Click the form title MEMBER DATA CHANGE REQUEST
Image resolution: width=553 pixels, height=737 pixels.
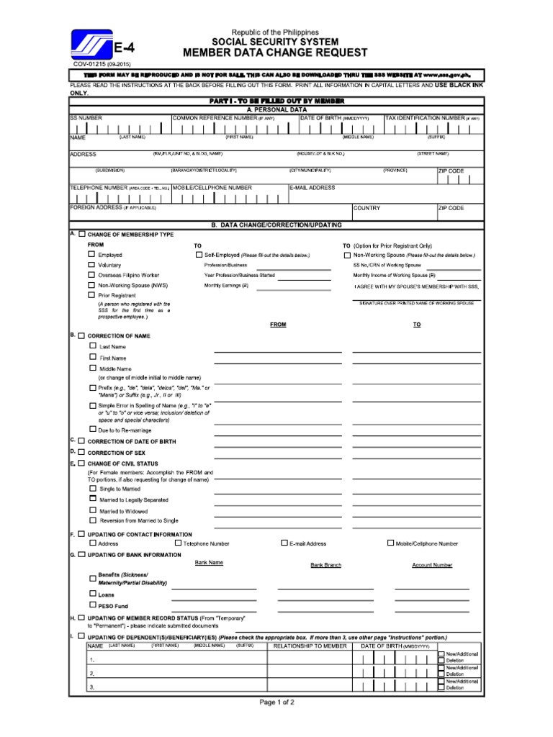coord(275,53)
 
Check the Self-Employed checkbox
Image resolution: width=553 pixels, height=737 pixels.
coord(199,255)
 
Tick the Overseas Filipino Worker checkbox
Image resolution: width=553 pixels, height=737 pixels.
coord(91,275)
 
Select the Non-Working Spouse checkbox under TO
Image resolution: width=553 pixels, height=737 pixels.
coord(348,255)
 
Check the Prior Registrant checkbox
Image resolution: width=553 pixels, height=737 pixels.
coord(91,295)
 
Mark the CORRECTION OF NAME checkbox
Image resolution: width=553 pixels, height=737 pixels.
coord(81,335)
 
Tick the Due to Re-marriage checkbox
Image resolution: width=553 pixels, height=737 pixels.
coord(92,429)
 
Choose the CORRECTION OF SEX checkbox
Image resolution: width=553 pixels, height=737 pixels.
coord(81,452)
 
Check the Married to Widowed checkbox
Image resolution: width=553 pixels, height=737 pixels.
coord(92,510)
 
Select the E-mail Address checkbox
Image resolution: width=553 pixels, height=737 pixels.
coord(284,543)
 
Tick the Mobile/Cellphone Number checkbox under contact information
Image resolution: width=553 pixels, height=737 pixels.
coord(391,543)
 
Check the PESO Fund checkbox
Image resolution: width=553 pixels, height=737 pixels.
coord(92,605)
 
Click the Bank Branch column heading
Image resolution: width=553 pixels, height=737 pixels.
coord(325,566)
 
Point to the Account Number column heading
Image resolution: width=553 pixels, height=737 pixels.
coord(432,566)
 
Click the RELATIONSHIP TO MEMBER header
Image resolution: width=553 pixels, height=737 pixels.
coord(310,646)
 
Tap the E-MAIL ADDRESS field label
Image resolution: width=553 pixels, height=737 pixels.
coord(313,188)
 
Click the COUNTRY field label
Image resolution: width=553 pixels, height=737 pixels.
coord(367,208)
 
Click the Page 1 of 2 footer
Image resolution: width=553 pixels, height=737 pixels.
coord(276,702)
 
